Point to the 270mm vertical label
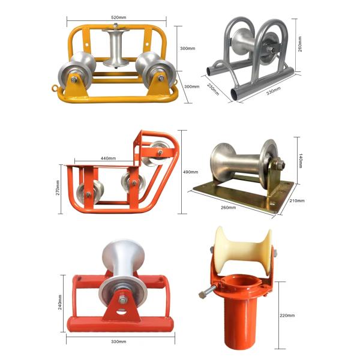(x=58, y=188)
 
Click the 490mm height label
(x=190, y=172)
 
